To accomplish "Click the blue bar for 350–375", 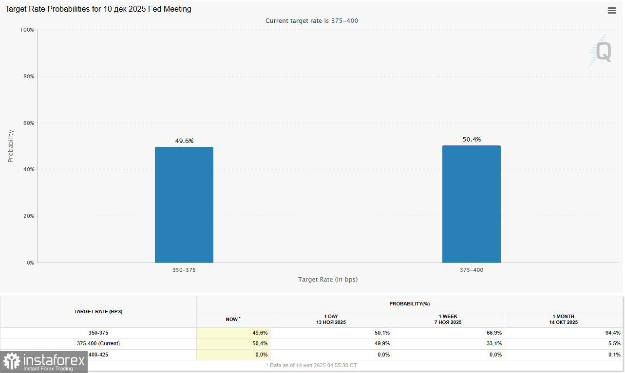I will [x=184, y=205].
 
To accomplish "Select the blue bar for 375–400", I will [x=471, y=204].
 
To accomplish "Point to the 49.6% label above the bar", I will [x=184, y=141].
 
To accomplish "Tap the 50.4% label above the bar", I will [x=472, y=140].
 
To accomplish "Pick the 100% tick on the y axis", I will [x=26, y=30].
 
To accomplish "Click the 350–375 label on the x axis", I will [x=184, y=270].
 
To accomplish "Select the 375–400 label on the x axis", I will [x=472, y=270].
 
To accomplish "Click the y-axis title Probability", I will [x=11, y=146].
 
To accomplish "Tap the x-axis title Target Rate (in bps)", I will [x=328, y=280].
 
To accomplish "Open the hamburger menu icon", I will [x=612, y=11].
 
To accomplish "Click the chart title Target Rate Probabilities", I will [x=98, y=9].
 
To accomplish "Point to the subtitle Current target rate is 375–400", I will [x=312, y=20].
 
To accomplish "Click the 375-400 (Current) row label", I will [x=98, y=344].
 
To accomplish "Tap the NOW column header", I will [x=233, y=320].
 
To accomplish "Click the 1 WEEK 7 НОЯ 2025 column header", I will [x=448, y=320].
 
